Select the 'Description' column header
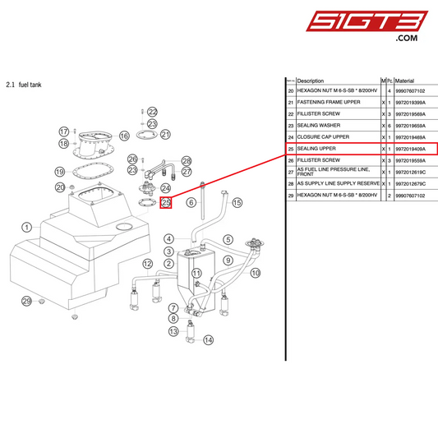(311, 81)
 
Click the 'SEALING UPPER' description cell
(317, 149)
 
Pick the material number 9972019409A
(411, 149)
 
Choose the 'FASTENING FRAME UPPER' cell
(329, 103)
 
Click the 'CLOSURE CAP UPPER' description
(323, 137)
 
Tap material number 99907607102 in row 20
(412, 90)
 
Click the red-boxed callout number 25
(165, 202)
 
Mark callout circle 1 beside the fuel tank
(27, 227)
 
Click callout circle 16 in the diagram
(125, 136)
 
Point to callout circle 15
(237, 202)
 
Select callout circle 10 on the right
(256, 272)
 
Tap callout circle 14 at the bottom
(208, 339)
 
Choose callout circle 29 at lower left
(27, 302)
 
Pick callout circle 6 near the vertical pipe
(191, 202)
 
